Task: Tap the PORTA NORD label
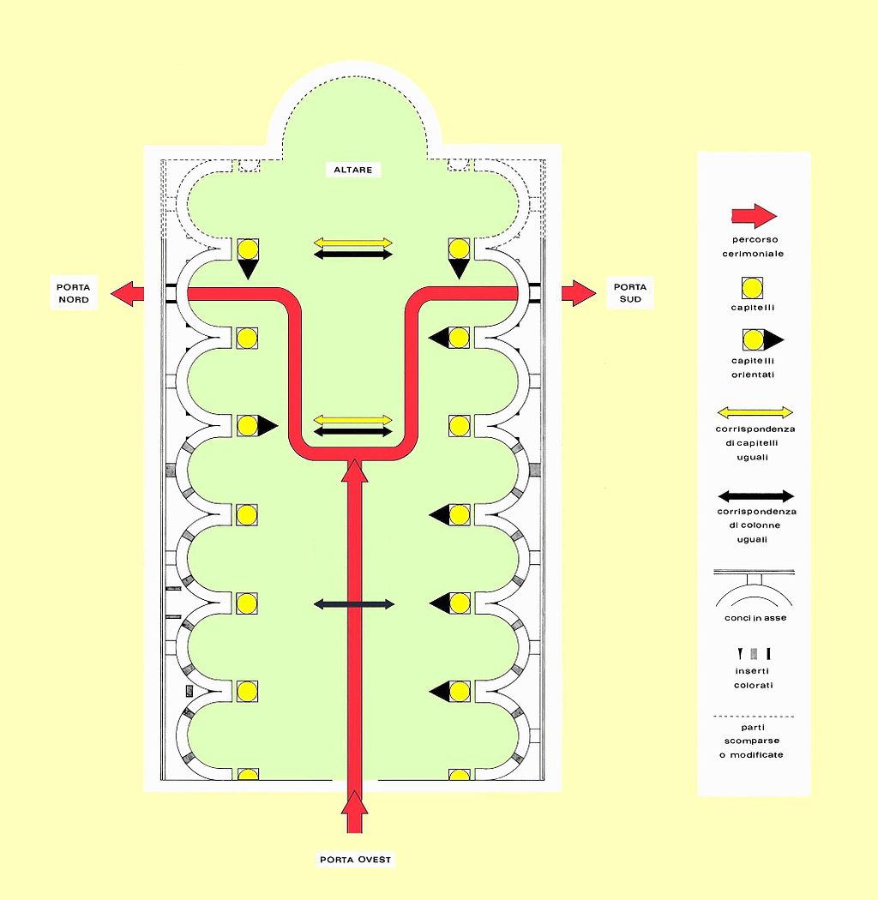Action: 74,293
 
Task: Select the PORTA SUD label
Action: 631,293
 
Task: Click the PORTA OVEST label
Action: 356,859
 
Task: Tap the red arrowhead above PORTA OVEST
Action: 355,806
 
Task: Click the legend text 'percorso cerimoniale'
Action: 753,247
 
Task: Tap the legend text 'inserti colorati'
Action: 754,678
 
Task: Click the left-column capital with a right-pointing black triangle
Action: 255,425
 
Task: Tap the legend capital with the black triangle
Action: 759,339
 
